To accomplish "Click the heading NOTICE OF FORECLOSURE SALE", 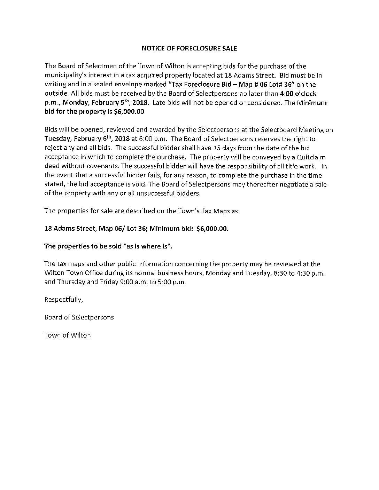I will pyautogui.click(x=189, y=49).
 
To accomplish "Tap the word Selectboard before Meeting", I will pyautogui.click(x=276, y=130).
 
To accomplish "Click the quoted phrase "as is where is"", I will pyautogui.click(x=146, y=246).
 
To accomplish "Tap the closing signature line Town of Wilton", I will pyautogui.click(x=68, y=335).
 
